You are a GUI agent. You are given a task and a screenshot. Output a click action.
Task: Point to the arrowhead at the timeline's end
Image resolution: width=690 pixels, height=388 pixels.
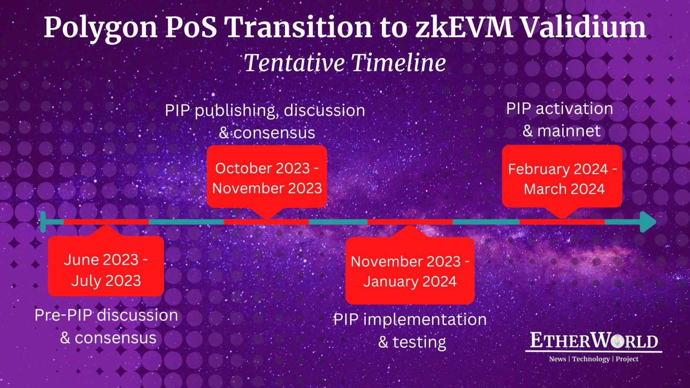[x=648, y=222]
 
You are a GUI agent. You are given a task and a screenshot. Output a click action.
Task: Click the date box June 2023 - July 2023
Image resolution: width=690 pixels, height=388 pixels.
[x=106, y=266]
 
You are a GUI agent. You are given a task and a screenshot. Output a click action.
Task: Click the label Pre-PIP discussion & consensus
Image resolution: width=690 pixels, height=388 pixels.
[x=107, y=326]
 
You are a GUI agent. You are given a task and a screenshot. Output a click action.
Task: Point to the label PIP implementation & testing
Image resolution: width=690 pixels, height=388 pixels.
[x=410, y=331]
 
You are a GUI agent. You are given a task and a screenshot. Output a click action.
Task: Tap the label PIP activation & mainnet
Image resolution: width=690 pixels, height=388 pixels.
[x=559, y=120]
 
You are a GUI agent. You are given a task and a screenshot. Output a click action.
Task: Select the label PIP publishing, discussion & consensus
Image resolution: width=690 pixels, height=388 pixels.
[x=265, y=121]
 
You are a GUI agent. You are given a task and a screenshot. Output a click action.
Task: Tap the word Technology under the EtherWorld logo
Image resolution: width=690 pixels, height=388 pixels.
[x=591, y=359]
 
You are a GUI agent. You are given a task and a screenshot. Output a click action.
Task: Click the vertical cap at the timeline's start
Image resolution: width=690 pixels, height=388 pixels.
[x=43, y=222]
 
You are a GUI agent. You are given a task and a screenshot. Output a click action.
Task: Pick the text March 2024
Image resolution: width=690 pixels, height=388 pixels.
[x=564, y=189]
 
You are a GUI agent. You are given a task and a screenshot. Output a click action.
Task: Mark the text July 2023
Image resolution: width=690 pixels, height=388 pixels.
[x=106, y=281]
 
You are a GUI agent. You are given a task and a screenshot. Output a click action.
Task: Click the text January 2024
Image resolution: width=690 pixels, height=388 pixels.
[x=410, y=281]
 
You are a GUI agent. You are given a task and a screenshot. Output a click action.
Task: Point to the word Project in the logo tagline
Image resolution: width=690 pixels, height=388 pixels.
[x=627, y=359]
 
